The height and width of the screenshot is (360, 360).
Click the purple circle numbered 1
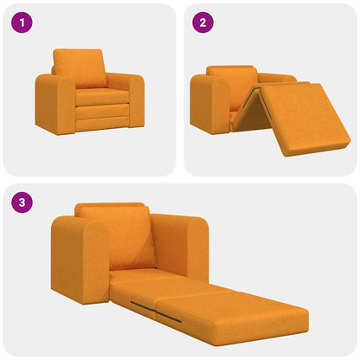22,22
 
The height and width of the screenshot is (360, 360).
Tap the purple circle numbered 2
202,22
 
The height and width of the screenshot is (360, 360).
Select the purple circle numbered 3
22,203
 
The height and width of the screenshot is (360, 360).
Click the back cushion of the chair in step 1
80,67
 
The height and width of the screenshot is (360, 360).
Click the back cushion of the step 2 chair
231,82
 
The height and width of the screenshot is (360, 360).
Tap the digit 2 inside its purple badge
202,22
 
